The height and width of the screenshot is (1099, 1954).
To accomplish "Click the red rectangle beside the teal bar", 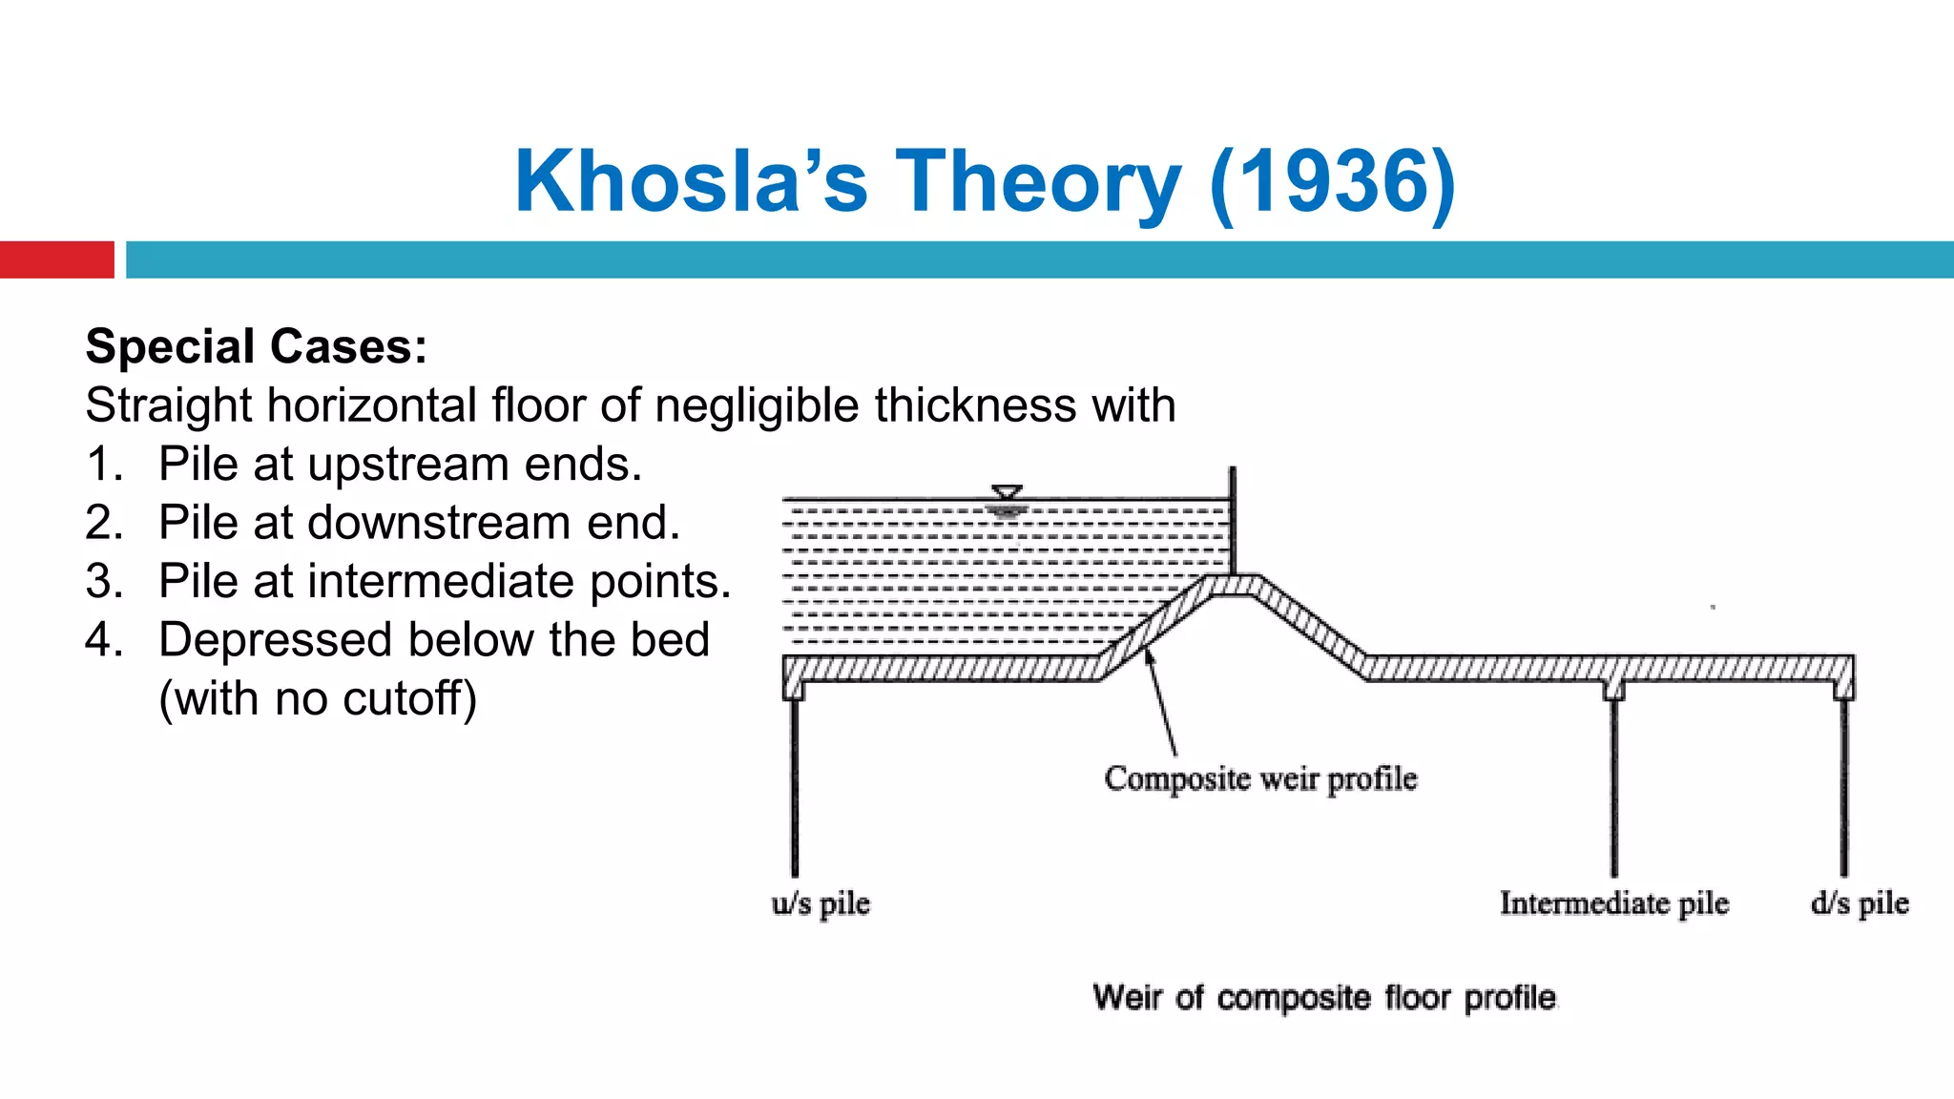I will (x=56, y=259).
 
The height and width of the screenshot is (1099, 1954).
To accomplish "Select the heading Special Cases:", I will (x=257, y=346).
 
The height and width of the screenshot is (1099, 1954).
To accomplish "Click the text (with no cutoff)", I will (x=318, y=698).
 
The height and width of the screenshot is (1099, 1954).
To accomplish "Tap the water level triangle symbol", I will (x=1007, y=493).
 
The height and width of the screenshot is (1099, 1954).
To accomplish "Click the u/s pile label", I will (x=821, y=902).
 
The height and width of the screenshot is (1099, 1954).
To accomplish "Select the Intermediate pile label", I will (x=1613, y=902).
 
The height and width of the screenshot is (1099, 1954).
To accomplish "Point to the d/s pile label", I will (x=1860, y=902).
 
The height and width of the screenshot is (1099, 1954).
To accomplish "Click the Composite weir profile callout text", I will (x=1260, y=778).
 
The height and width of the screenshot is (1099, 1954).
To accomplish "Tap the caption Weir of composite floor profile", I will (x=1324, y=998).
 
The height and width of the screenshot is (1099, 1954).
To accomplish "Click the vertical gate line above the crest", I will (x=1233, y=520).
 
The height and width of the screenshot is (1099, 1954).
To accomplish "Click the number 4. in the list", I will (x=104, y=640).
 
